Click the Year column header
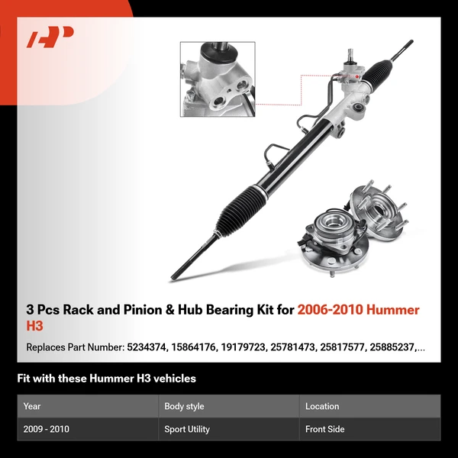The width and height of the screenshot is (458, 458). coord(32,407)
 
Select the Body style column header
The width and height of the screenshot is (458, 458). coord(184,407)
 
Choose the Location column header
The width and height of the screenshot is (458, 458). coord(322,407)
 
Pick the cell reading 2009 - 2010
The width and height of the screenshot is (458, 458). coord(47,429)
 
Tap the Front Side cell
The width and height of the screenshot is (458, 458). coord(324,429)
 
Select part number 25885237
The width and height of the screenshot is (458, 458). coord(393,347)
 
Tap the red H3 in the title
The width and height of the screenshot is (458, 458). coord(36,326)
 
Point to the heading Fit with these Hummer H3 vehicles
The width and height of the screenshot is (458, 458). coord(106,379)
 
